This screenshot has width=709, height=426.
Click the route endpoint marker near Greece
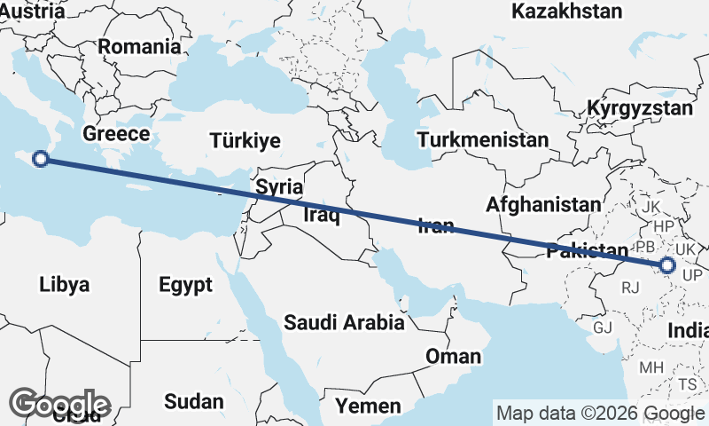coord(40,160)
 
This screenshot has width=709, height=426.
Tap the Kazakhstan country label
coord(567,12)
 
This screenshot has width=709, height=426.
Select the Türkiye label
coord(245,140)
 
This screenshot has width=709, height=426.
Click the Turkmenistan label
coord(484,140)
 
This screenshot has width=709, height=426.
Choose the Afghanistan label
coord(543,204)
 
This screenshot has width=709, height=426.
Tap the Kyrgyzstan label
coord(640,108)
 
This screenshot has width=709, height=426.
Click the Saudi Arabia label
coord(344,323)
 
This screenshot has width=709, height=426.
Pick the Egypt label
coord(186,285)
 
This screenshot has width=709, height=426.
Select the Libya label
coord(65,285)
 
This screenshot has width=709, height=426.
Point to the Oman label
coord(454,357)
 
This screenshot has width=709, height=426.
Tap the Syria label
coord(279,187)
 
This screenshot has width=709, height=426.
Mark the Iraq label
coord(321,215)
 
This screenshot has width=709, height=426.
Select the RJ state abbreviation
coord(631,288)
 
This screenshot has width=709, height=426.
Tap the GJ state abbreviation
coord(603,327)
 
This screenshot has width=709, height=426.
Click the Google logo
coord(59,405)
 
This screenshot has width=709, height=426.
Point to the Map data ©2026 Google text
coord(600,413)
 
